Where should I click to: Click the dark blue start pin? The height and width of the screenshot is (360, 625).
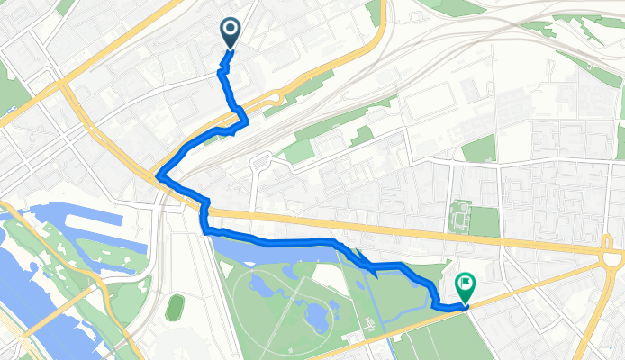(x=230, y=33)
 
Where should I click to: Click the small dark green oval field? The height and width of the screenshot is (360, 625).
(x=176, y=306)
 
